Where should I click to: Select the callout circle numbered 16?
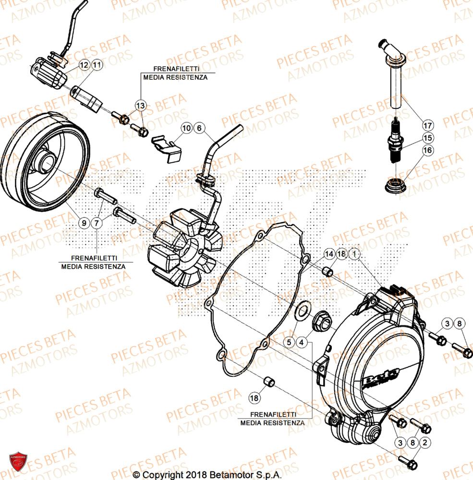tap(427, 151)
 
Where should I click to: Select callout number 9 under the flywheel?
tap(84, 223)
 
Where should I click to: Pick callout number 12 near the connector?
tap(84, 64)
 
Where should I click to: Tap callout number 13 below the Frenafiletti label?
tap(140, 106)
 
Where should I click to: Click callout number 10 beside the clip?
tap(186, 128)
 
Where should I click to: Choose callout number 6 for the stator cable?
tap(199, 128)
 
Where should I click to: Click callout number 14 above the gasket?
tap(329, 254)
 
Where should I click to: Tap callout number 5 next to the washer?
tap(290, 342)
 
